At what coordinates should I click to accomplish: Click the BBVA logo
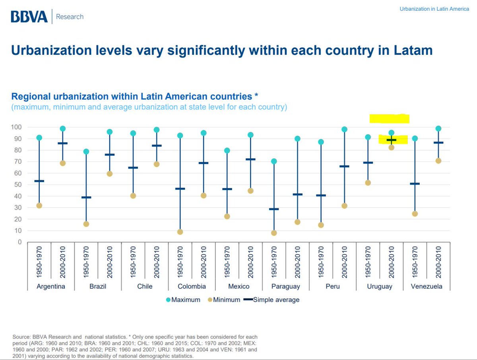[x=29, y=17]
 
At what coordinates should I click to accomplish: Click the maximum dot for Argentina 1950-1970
[x=39, y=138]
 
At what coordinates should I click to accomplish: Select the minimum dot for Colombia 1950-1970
[x=180, y=232]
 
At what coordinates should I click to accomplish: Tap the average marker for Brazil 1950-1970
[x=86, y=197]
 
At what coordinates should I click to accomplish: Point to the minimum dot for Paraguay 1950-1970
[x=274, y=233]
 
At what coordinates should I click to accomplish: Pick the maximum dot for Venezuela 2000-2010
[x=438, y=128]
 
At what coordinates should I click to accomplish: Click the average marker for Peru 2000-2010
[x=344, y=166]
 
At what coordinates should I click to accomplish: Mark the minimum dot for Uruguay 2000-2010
[x=392, y=148]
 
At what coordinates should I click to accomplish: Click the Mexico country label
[x=238, y=286]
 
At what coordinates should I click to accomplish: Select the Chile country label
[x=145, y=286]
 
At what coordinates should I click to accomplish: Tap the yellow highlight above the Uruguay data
[x=389, y=119]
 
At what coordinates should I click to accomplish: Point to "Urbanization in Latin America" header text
[x=434, y=9]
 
